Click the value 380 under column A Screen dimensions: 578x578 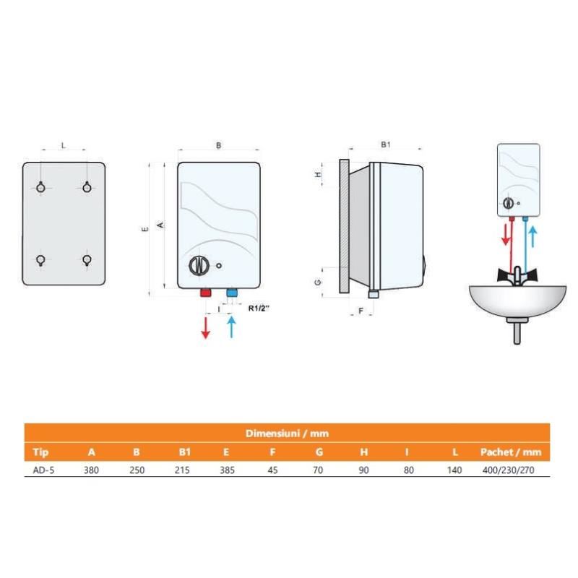tap(91, 470)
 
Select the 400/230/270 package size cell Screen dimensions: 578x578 tap(509, 470)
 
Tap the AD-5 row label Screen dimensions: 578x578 tap(43, 470)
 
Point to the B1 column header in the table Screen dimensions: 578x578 tap(184, 452)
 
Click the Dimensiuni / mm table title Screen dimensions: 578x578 tap(287, 433)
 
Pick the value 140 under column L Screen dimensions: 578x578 tap(454, 470)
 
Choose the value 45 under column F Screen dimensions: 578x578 tap(273, 470)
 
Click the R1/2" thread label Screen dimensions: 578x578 tap(259, 309)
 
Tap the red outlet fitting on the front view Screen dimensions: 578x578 tap(206, 293)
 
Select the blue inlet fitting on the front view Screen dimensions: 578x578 tap(232, 293)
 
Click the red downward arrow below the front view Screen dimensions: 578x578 tap(205, 327)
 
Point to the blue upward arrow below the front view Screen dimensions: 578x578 tap(231, 327)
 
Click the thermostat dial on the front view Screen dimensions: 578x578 tap(199, 265)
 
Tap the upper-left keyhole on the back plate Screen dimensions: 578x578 tap(41, 187)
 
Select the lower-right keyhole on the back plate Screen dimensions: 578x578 tap(87, 260)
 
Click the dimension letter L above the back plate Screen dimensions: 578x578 tap(64, 146)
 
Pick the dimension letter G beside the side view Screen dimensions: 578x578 tap(318, 282)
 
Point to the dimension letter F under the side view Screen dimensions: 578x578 tap(361, 311)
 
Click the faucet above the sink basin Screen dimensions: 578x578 tap(517, 275)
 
